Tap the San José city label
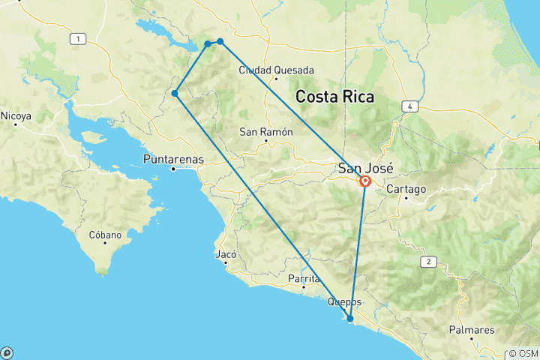366,168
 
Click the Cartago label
406,189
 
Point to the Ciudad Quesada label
271,70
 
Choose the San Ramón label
264,131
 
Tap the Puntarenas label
172,159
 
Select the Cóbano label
105,235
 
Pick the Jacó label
226,253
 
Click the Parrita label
304,278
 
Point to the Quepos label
344,302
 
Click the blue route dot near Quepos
349,319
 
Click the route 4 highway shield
410,106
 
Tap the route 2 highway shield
428,261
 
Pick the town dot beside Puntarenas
173,169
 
